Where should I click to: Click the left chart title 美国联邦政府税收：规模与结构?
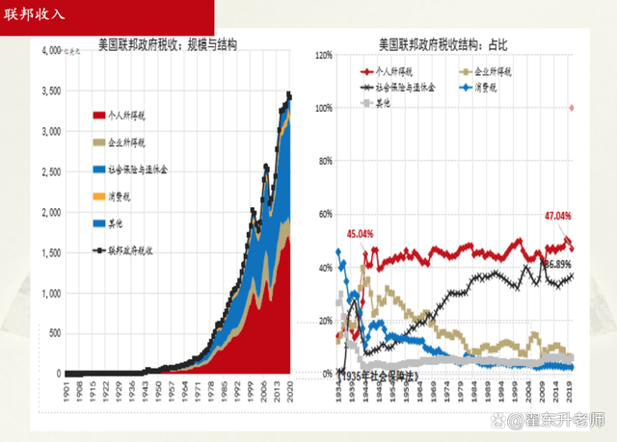168,45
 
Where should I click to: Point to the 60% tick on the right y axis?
324,215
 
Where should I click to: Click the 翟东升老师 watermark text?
564,420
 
